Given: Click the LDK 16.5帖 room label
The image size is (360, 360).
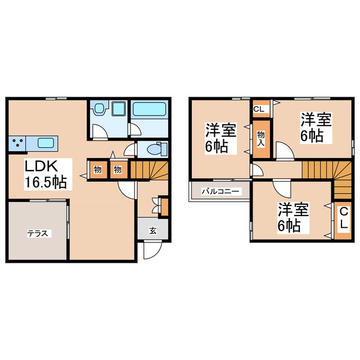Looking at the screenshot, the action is tap(46, 174).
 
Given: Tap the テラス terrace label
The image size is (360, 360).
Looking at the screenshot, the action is tap(38, 234).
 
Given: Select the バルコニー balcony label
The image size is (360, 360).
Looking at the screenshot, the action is tap(220, 191).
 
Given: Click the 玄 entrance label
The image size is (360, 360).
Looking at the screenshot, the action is tap(153, 231).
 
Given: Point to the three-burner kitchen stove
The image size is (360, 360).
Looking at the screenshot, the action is tap(17, 143).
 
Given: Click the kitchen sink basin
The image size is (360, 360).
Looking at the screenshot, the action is tap(46, 143).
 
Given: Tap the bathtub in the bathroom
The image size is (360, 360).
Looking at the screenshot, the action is tap(150, 109).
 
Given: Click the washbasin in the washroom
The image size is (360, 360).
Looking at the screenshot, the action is tap(100, 108).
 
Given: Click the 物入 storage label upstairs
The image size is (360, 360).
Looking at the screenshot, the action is tap(261, 139).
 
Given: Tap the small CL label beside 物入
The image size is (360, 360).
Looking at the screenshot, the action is tap(259, 109).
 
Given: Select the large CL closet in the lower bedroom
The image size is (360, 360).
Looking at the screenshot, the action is tap(343, 220).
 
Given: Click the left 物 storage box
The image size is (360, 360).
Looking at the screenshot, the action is tap(97, 170).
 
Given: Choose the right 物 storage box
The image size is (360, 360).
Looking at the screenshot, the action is tap(118, 170).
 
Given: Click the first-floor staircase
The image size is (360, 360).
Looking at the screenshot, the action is tap(149, 170).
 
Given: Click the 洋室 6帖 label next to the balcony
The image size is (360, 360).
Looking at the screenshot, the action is tap(220, 138).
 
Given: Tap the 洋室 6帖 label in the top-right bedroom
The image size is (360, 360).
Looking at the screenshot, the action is tap(316, 128).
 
